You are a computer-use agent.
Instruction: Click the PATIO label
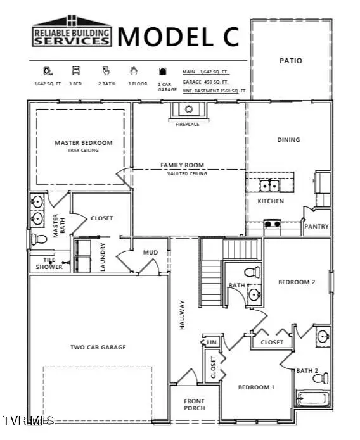coord(291,61)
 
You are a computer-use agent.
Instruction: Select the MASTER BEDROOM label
coord(83,143)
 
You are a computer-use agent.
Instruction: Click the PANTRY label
coord(316,225)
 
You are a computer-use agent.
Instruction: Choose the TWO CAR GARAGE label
coord(98,347)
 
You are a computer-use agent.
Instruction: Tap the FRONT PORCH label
coord(195,405)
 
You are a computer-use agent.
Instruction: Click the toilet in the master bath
coord(39,239)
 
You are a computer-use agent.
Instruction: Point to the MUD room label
coord(150,253)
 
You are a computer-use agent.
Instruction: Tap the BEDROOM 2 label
coord(297,282)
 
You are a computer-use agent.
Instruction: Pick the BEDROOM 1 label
coord(256,387)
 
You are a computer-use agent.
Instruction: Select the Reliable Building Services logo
coord(71,32)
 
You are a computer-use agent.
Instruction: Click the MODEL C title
coord(179,36)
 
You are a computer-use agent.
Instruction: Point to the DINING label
coord(288,140)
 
